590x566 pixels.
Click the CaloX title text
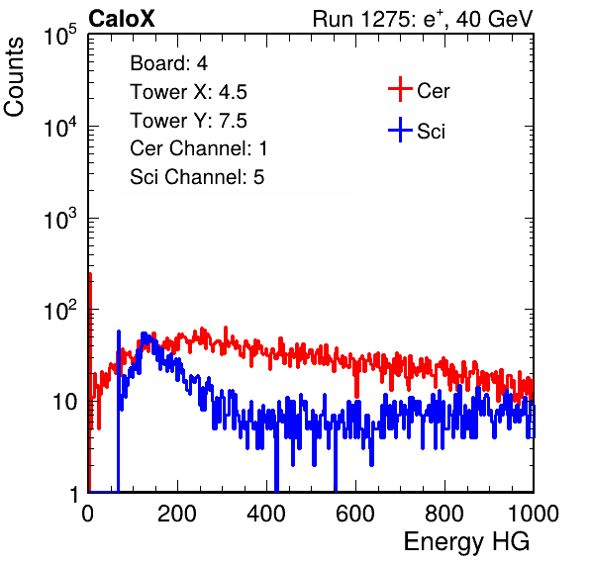(x=121, y=19)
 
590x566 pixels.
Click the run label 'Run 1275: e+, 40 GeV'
(x=423, y=19)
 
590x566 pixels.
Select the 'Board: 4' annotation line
(x=168, y=63)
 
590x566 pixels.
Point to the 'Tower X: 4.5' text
(x=188, y=92)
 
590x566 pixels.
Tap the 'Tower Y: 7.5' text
(x=188, y=121)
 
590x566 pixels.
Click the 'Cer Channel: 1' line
(x=199, y=148)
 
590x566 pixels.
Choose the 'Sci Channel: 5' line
(x=197, y=177)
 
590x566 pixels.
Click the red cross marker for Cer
(x=400, y=89)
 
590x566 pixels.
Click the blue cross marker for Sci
(x=400, y=130)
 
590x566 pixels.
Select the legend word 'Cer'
(x=433, y=91)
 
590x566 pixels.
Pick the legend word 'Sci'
(x=431, y=132)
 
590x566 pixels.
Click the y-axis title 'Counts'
(x=14, y=77)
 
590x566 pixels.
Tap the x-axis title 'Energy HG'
(x=466, y=542)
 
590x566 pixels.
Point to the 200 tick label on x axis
(x=177, y=514)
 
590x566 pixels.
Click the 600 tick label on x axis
(x=355, y=514)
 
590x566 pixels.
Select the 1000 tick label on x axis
(x=534, y=514)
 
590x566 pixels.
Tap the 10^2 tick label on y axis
(x=60, y=310)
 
